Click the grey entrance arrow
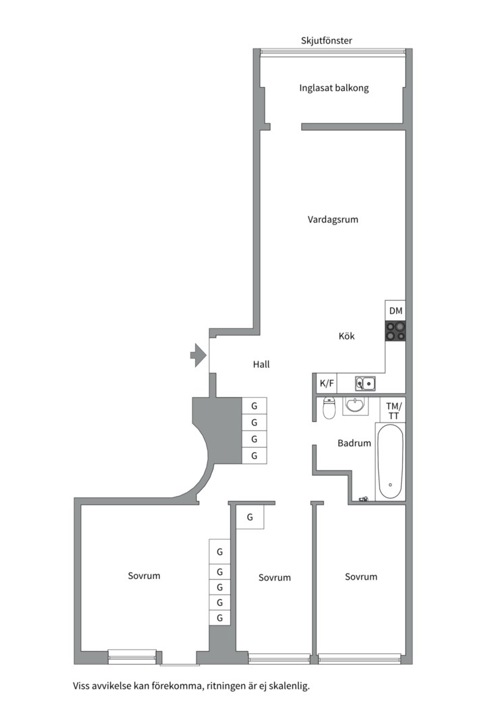(x=197, y=355)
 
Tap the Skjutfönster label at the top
(x=327, y=40)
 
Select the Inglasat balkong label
(x=334, y=88)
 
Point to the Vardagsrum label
(x=333, y=219)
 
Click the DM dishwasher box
(x=396, y=310)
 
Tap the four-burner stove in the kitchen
(x=396, y=330)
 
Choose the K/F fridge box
(x=327, y=384)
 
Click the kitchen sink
(x=366, y=384)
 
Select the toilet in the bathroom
(x=329, y=408)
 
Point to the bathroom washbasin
(x=356, y=405)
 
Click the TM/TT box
(x=394, y=411)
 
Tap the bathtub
(x=390, y=462)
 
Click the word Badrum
(x=354, y=444)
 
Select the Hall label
(x=261, y=364)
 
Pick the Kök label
(x=346, y=336)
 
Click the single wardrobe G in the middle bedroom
(x=250, y=518)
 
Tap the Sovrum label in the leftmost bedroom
(x=144, y=576)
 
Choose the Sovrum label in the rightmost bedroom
(x=361, y=576)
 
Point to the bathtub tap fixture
(x=364, y=499)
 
